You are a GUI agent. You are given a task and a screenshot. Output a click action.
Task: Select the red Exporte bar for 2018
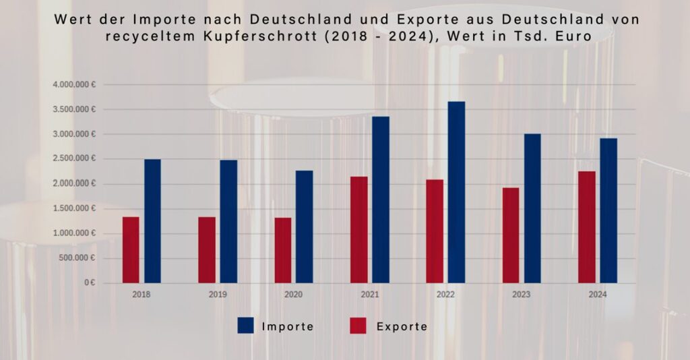[x=131, y=249]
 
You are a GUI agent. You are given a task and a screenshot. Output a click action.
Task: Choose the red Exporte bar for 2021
[x=359, y=229]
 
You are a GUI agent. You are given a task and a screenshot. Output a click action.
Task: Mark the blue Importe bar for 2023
[x=532, y=208]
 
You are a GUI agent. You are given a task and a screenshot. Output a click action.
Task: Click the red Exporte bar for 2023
[x=511, y=235]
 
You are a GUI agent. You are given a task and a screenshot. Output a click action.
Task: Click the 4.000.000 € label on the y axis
[x=74, y=85]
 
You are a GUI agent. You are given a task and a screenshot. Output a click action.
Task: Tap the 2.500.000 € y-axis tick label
[x=74, y=159]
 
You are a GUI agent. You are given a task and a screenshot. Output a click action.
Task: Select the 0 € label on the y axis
[x=90, y=283]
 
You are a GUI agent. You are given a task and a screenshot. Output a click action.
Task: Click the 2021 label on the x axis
[x=369, y=295]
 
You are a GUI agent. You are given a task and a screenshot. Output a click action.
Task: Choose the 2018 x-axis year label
[x=142, y=295]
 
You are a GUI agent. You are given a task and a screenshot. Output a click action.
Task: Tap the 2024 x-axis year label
[x=597, y=295]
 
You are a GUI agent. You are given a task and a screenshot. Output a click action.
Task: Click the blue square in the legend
[x=245, y=326]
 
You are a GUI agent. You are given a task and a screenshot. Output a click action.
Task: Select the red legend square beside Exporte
[x=358, y=326]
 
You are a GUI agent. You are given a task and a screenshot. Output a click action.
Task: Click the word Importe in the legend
[x=288, y=327]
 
